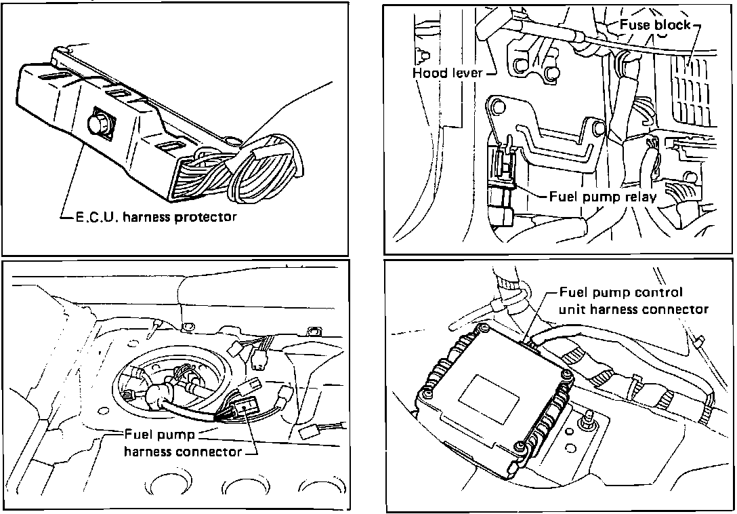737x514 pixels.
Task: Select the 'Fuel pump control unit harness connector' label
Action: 633,301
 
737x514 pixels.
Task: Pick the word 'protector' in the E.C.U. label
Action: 206,218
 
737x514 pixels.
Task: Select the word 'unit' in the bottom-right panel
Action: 572,309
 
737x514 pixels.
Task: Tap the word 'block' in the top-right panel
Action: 674,25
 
